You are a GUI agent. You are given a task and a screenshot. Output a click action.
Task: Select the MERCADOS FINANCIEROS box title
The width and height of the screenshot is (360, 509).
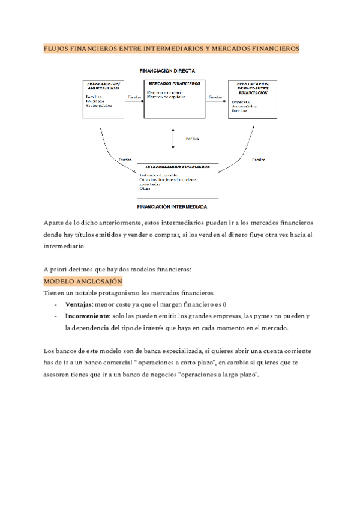173,83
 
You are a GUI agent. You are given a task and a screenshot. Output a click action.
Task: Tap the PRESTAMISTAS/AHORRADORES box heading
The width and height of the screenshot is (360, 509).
103,85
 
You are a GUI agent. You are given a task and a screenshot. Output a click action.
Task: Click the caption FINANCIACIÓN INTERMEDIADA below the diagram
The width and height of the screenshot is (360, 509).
172,206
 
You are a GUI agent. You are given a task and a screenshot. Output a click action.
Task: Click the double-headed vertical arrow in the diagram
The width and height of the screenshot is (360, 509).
173,139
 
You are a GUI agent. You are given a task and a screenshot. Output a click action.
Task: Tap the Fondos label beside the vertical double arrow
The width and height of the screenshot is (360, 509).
191,139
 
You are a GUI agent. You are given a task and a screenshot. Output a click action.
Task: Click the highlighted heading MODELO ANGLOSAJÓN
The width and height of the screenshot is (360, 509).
83,281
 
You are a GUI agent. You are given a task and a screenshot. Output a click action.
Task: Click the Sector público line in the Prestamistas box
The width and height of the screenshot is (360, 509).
100,106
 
